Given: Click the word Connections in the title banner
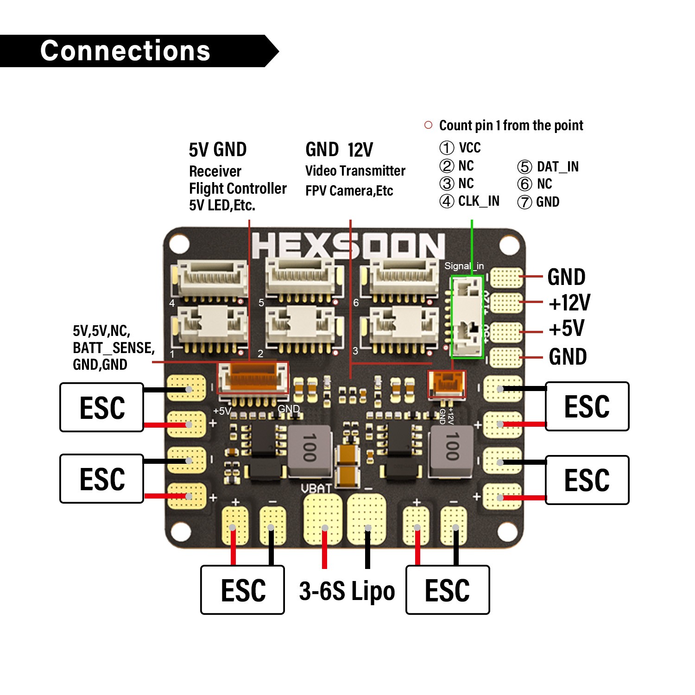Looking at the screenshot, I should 125,51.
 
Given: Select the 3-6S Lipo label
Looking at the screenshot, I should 347,591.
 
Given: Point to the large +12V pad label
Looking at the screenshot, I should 569,303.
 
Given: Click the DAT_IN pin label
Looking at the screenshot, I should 557,167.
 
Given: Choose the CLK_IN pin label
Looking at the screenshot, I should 479,201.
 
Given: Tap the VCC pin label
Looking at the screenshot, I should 469,148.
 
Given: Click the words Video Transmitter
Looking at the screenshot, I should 355,171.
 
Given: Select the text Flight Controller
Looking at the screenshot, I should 238,189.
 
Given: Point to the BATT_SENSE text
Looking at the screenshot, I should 114,347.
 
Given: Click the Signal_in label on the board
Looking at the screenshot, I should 464,266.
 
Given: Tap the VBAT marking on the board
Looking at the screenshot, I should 316,488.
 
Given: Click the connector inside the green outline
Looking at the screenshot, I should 467,317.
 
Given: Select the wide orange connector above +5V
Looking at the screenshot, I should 253,377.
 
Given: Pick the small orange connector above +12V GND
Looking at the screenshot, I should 446,384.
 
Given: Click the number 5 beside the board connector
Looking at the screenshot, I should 261,303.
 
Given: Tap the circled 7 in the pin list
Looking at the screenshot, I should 524,202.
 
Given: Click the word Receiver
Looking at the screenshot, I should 215,171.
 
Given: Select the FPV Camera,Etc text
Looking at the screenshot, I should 349,191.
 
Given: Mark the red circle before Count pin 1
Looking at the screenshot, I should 428,125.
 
